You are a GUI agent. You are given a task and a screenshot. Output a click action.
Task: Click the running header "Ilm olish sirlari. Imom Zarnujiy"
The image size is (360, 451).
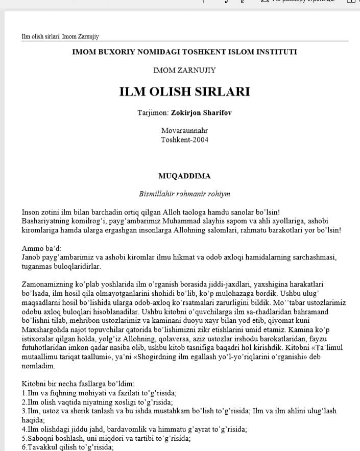pos(60,37)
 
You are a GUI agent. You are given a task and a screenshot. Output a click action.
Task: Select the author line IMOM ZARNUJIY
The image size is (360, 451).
pos(184,70)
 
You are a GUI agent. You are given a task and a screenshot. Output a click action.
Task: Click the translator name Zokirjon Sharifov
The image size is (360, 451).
pos(201,112)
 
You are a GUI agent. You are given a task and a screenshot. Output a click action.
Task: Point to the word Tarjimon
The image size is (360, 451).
pos(153,112)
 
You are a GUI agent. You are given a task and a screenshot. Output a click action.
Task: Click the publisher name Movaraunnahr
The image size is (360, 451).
pos(184,131)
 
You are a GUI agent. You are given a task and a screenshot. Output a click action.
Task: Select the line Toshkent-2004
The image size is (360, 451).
pos(184,139)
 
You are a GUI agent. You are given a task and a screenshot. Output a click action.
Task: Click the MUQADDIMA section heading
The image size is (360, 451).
pos(184,176)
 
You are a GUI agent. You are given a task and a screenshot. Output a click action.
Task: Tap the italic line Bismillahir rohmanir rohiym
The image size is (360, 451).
pos(184,194)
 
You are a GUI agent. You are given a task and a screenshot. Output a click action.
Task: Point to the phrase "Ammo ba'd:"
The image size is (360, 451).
pos(39,249)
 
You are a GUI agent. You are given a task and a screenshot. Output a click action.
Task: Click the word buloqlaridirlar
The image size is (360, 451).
pos(77,266)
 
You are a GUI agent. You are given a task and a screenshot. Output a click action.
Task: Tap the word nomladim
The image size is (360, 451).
pos(37,366)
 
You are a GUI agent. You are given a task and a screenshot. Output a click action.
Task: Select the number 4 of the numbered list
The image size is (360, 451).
pos(23,430)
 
